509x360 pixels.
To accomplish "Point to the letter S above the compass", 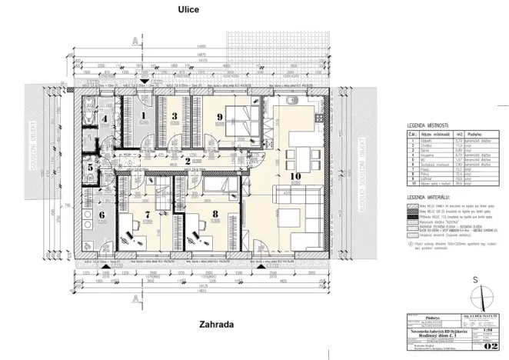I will [x=477, y=279].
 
